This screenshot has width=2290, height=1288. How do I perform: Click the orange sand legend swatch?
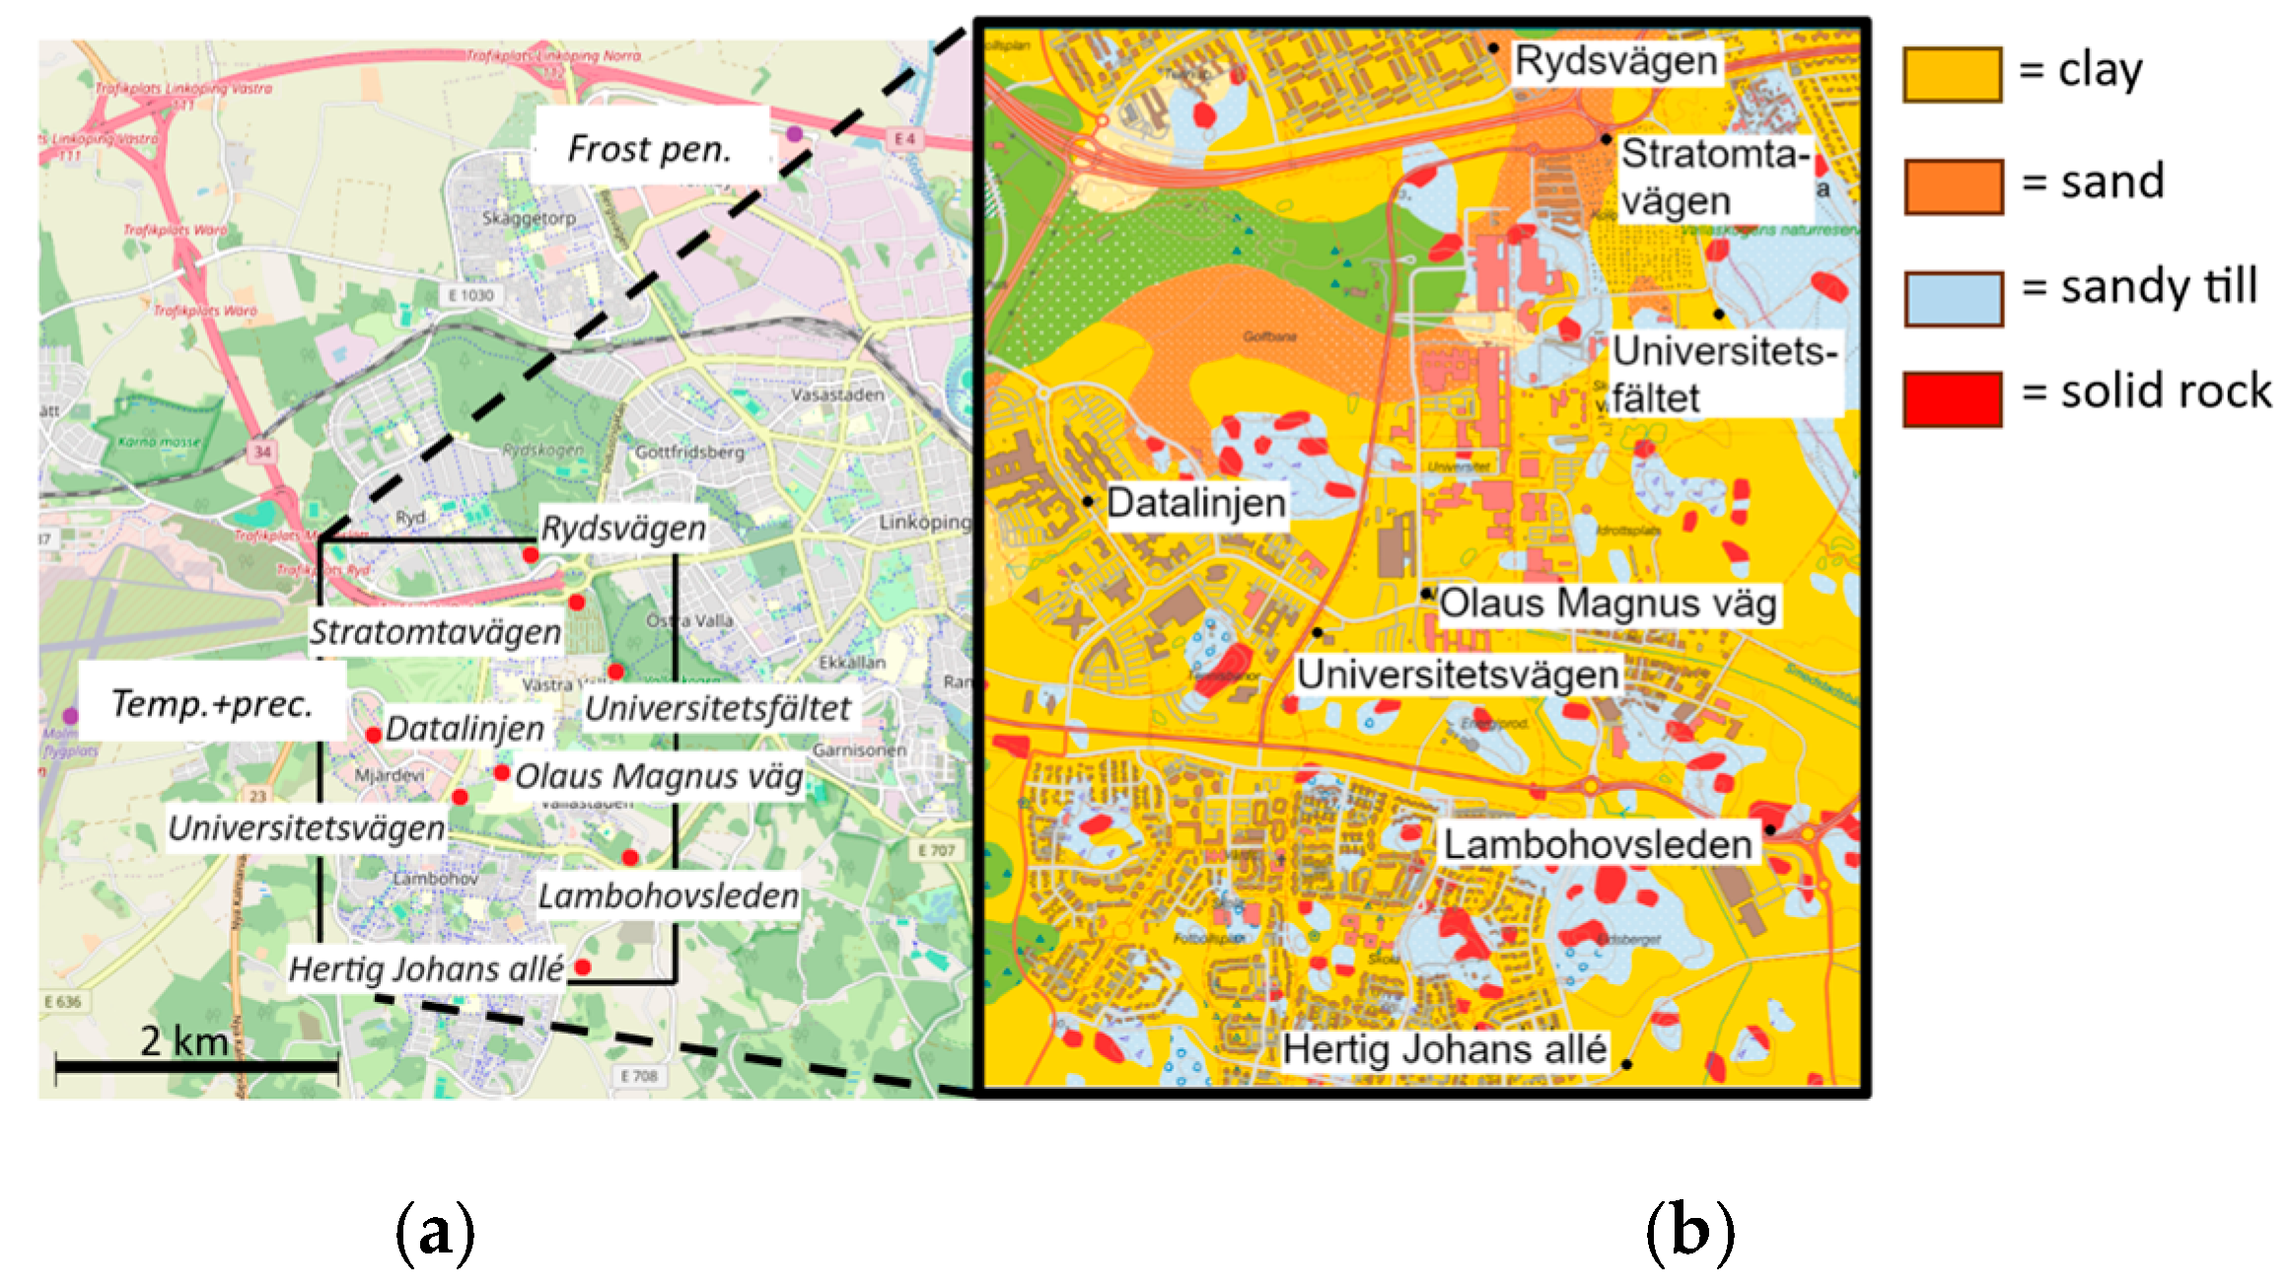(1953, 186)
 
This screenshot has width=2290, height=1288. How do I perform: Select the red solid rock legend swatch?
(1953, 398)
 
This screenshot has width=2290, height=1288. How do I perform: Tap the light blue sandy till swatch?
(1953, 298)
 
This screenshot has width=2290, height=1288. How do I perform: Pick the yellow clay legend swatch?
(1953, 74)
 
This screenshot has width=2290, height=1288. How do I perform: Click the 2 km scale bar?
(196, 1065)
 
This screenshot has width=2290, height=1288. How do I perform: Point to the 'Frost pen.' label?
(650, 149)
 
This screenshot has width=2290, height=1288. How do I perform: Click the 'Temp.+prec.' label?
(211, 703)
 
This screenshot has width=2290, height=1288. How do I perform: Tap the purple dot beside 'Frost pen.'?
(794, 133)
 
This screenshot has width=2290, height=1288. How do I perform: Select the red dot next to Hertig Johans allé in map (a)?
(583, 966)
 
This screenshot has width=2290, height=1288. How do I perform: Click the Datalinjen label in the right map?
(1195, 503)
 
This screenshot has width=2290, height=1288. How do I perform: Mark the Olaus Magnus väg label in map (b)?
(1608, 604)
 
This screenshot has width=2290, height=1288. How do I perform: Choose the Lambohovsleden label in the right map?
(1598, 844)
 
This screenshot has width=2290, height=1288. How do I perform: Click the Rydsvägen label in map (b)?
(1615, 61)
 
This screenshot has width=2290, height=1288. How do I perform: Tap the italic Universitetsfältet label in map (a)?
(717, 708)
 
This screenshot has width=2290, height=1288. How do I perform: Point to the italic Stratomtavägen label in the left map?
(435, 632)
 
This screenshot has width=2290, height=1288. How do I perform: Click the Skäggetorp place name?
(529, 218)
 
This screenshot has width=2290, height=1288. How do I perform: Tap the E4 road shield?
(905, 140)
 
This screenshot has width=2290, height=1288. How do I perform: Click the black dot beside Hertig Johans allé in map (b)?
(1626, 1064)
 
